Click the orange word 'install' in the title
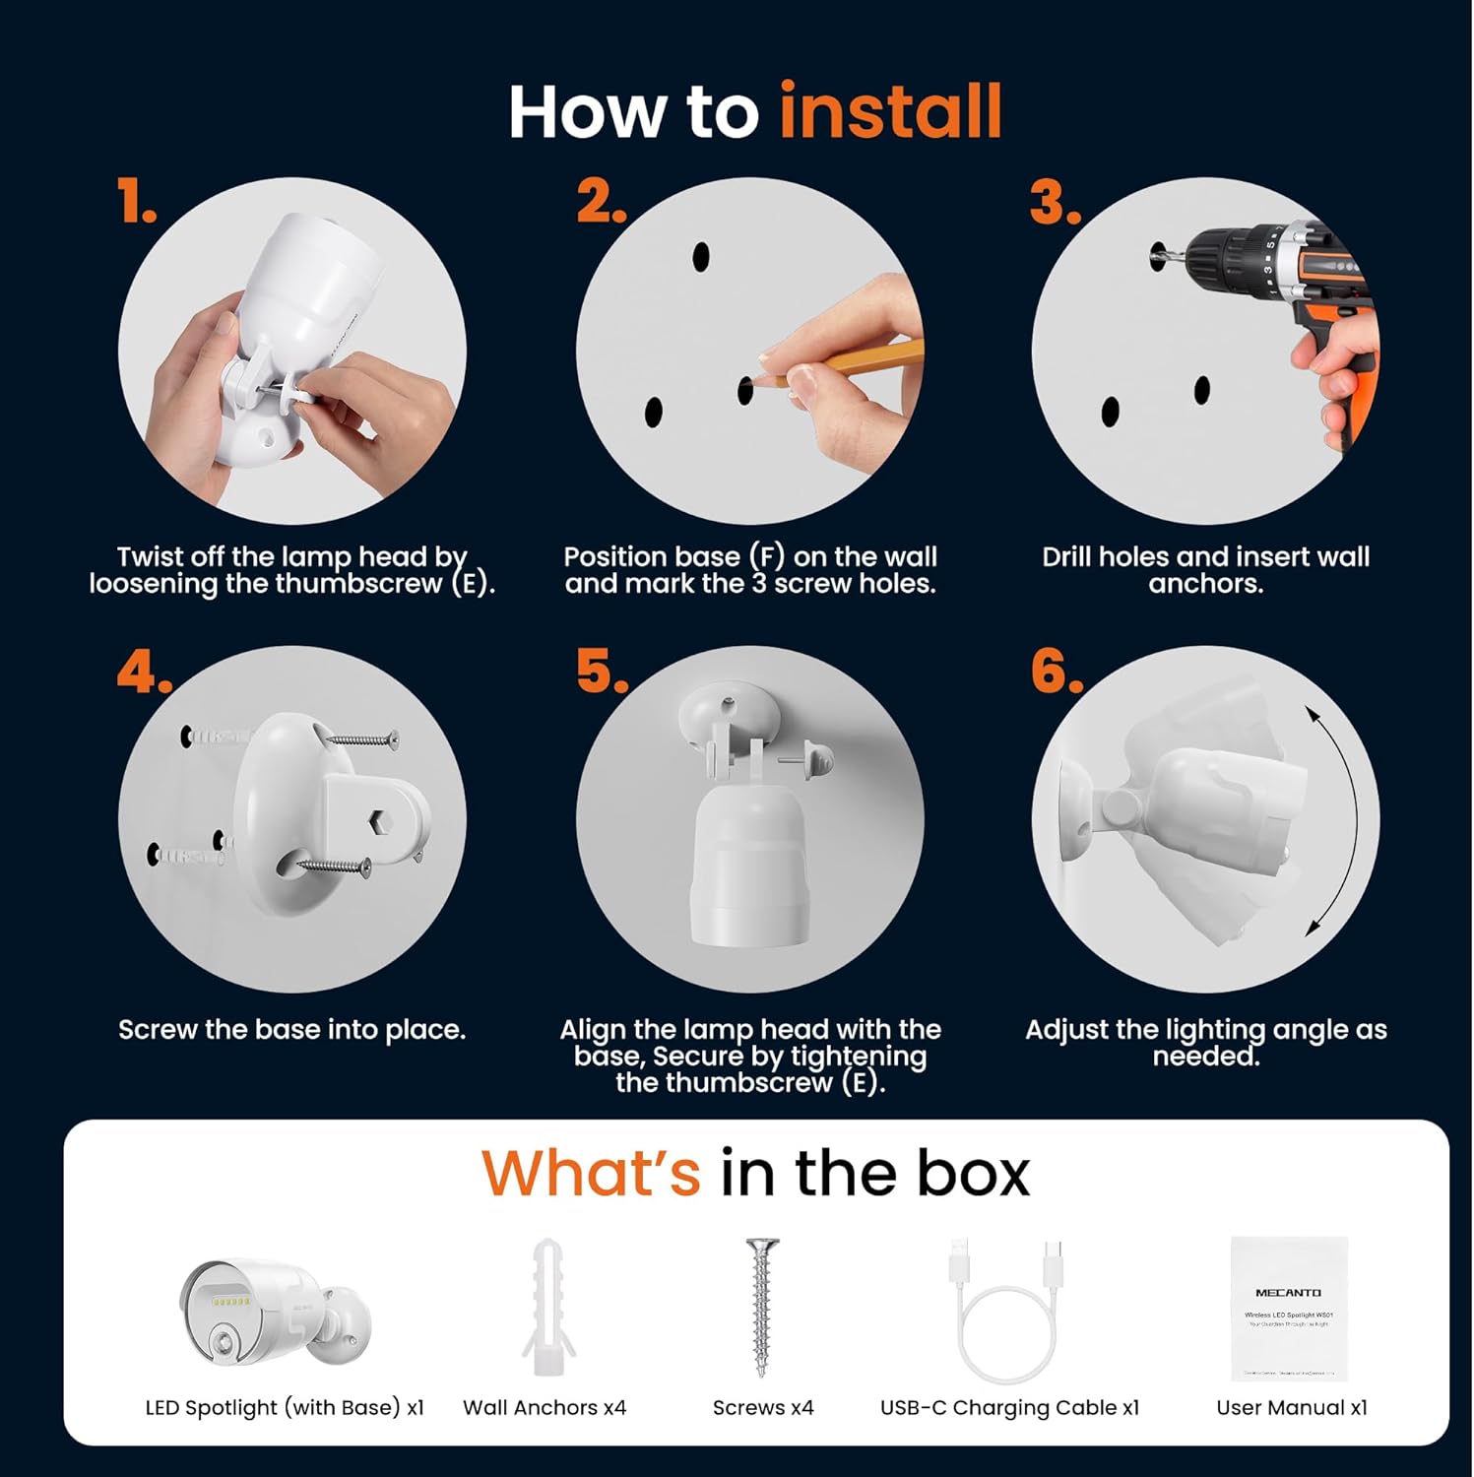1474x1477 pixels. pyautogui.click(x=890, y=111)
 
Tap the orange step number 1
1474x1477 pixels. pyautogui.click(x=136, y=202)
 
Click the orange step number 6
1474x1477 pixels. pyautogui.click(x=1056, y=672)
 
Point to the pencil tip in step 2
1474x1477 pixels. pyautogui.click(x=756, y=381)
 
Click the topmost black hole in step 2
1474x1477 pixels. pyautogui.click(x=701, y=256)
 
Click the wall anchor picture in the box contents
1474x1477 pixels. pyautogui.click(x=546, y=1307)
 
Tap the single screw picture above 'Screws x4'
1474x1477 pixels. pyautogui.click(x=761, y=1307)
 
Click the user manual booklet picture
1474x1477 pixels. pyautogui.click(x=1288, y=1308)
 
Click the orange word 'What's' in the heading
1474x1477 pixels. pyautogui.click(x=591, y=1173)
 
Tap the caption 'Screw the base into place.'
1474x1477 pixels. pyautogui.click(x=291, y=1030)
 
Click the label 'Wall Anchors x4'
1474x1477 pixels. pyautogui.click(x=545, y=1407)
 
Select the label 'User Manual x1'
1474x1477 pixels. pyautogui.click(x=1292, y=1407)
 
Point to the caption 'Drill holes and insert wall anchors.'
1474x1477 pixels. pyautogui.click(x=1205, y=569)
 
